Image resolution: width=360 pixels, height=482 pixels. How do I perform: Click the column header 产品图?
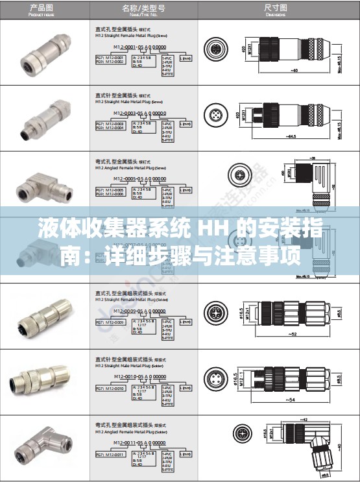coord(43,10)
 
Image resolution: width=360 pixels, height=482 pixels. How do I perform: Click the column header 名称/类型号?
coord(143,10)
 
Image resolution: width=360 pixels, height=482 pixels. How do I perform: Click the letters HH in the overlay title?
coord(202,228)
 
